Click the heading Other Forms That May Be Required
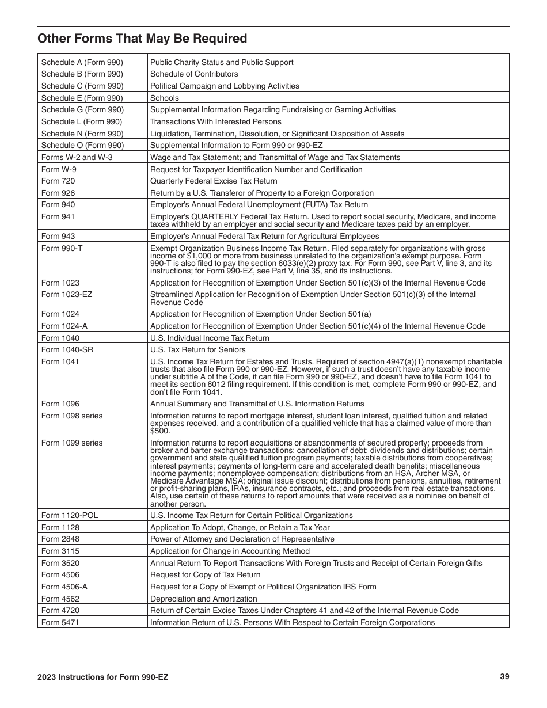(x=142, y=39)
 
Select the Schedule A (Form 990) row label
(x=82, y=62)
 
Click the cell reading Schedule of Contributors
(x=194, y=74)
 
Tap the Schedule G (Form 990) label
(x=82, y=109)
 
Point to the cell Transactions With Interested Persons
(x=216, y=121)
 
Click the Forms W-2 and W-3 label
(x=76, y=157)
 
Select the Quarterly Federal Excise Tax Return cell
(x=214, y=181)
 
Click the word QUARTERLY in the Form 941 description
(x=212, y=216)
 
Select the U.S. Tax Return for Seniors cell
(x=197, y=349)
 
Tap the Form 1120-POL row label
(x=70, y=515)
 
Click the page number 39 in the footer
(x=504, y=677)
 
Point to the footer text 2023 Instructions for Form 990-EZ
(x=103, y=677)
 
